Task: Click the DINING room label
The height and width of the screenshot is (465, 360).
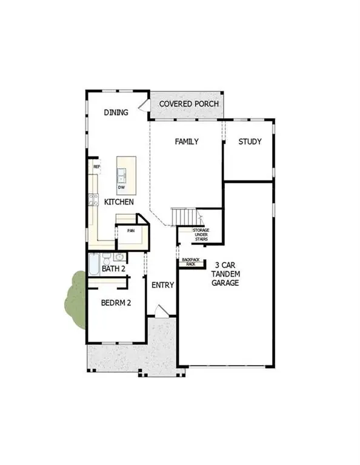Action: tap(116, 112)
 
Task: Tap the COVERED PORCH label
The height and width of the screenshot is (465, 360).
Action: tap(188, 104)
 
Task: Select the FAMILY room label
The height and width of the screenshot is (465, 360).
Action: tap(187, 142)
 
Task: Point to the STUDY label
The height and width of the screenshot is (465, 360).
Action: tap(250, 142)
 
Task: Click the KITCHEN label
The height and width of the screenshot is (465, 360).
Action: tap(119, 202)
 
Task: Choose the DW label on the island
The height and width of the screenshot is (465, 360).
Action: tap(122, 188)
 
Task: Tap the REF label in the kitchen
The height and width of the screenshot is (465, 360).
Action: tap(96, 166)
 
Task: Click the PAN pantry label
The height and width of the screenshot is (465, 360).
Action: tap(130, 230)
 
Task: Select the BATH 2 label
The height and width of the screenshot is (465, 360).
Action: tap(113, 268)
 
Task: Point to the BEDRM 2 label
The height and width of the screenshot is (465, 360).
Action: tap(116, 303)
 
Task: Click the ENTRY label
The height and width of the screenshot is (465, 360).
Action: tap(162, 285)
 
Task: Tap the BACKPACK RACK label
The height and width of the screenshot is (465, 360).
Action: tap(190, 262)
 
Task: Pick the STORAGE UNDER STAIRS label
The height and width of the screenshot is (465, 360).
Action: tap(201, 235)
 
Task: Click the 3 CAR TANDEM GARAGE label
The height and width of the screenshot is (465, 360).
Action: tap(226, 274)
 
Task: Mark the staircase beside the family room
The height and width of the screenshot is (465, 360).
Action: tap(184, 216)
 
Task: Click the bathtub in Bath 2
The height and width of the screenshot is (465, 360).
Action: tap(94, 265)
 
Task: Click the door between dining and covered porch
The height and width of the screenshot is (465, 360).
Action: tap(144, 105)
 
